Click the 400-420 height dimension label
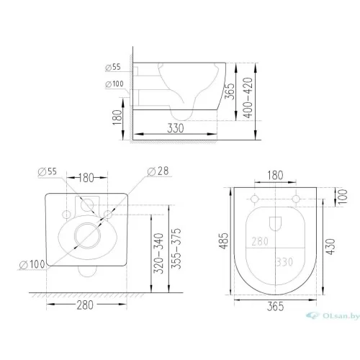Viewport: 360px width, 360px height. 248,98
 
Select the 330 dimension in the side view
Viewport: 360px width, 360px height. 176,128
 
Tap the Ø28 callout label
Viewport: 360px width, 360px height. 158,171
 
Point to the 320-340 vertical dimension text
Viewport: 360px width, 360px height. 158,253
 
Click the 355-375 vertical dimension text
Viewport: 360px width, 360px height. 176,249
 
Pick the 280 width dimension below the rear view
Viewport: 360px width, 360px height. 85,305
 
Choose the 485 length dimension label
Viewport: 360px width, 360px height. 224,240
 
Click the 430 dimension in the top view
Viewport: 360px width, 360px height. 330,246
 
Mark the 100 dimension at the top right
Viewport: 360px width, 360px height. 343,197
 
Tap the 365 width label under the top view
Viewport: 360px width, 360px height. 275,307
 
